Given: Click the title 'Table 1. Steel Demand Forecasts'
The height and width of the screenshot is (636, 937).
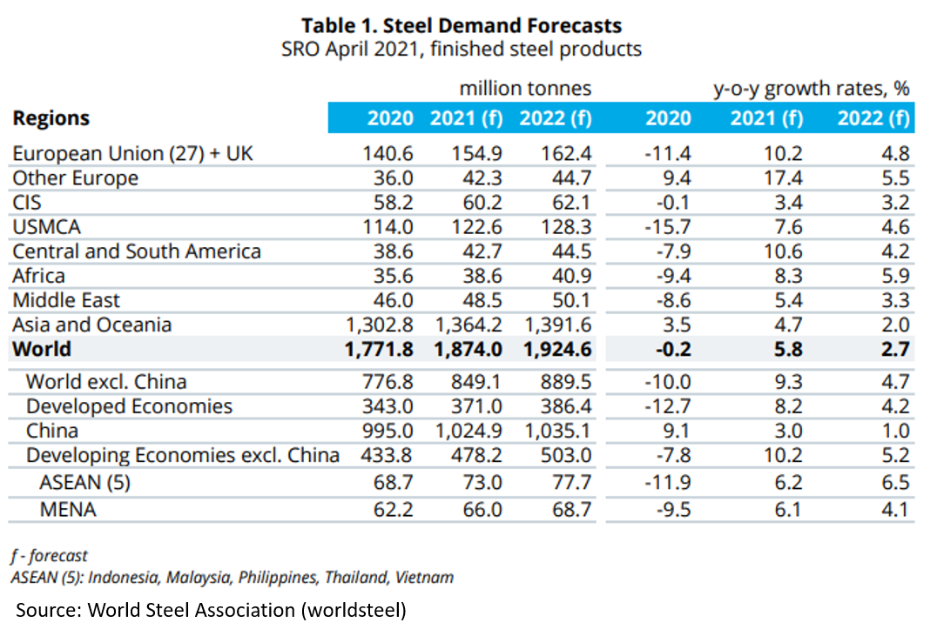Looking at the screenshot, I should (462, 25).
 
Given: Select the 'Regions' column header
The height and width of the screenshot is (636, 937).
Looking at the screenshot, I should (51, 118).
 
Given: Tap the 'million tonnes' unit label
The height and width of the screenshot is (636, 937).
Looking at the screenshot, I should (525, 89).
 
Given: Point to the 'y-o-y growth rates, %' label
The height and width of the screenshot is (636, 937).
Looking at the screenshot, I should (811, 89).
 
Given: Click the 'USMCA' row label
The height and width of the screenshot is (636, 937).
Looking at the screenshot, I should (46, 227).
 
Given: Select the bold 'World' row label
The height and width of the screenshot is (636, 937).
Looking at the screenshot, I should (42, 350).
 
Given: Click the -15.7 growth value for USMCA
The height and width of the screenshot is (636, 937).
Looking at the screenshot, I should (667, 227).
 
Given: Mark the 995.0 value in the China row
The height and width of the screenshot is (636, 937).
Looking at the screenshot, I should (388, 431).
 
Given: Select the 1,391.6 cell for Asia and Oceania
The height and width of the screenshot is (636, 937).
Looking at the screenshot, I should (558, 325).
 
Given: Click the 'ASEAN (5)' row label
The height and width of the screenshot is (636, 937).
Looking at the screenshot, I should (84, 481).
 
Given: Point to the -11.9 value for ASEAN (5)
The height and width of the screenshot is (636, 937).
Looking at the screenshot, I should (667, 481).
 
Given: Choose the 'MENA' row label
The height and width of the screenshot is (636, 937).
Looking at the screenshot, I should (68, 509).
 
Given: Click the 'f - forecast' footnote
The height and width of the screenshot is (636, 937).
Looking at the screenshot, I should (50, 555).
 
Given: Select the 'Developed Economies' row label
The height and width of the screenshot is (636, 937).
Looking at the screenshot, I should (129, 406).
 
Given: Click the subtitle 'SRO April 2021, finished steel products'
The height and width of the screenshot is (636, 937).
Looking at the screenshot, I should (462, 49).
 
